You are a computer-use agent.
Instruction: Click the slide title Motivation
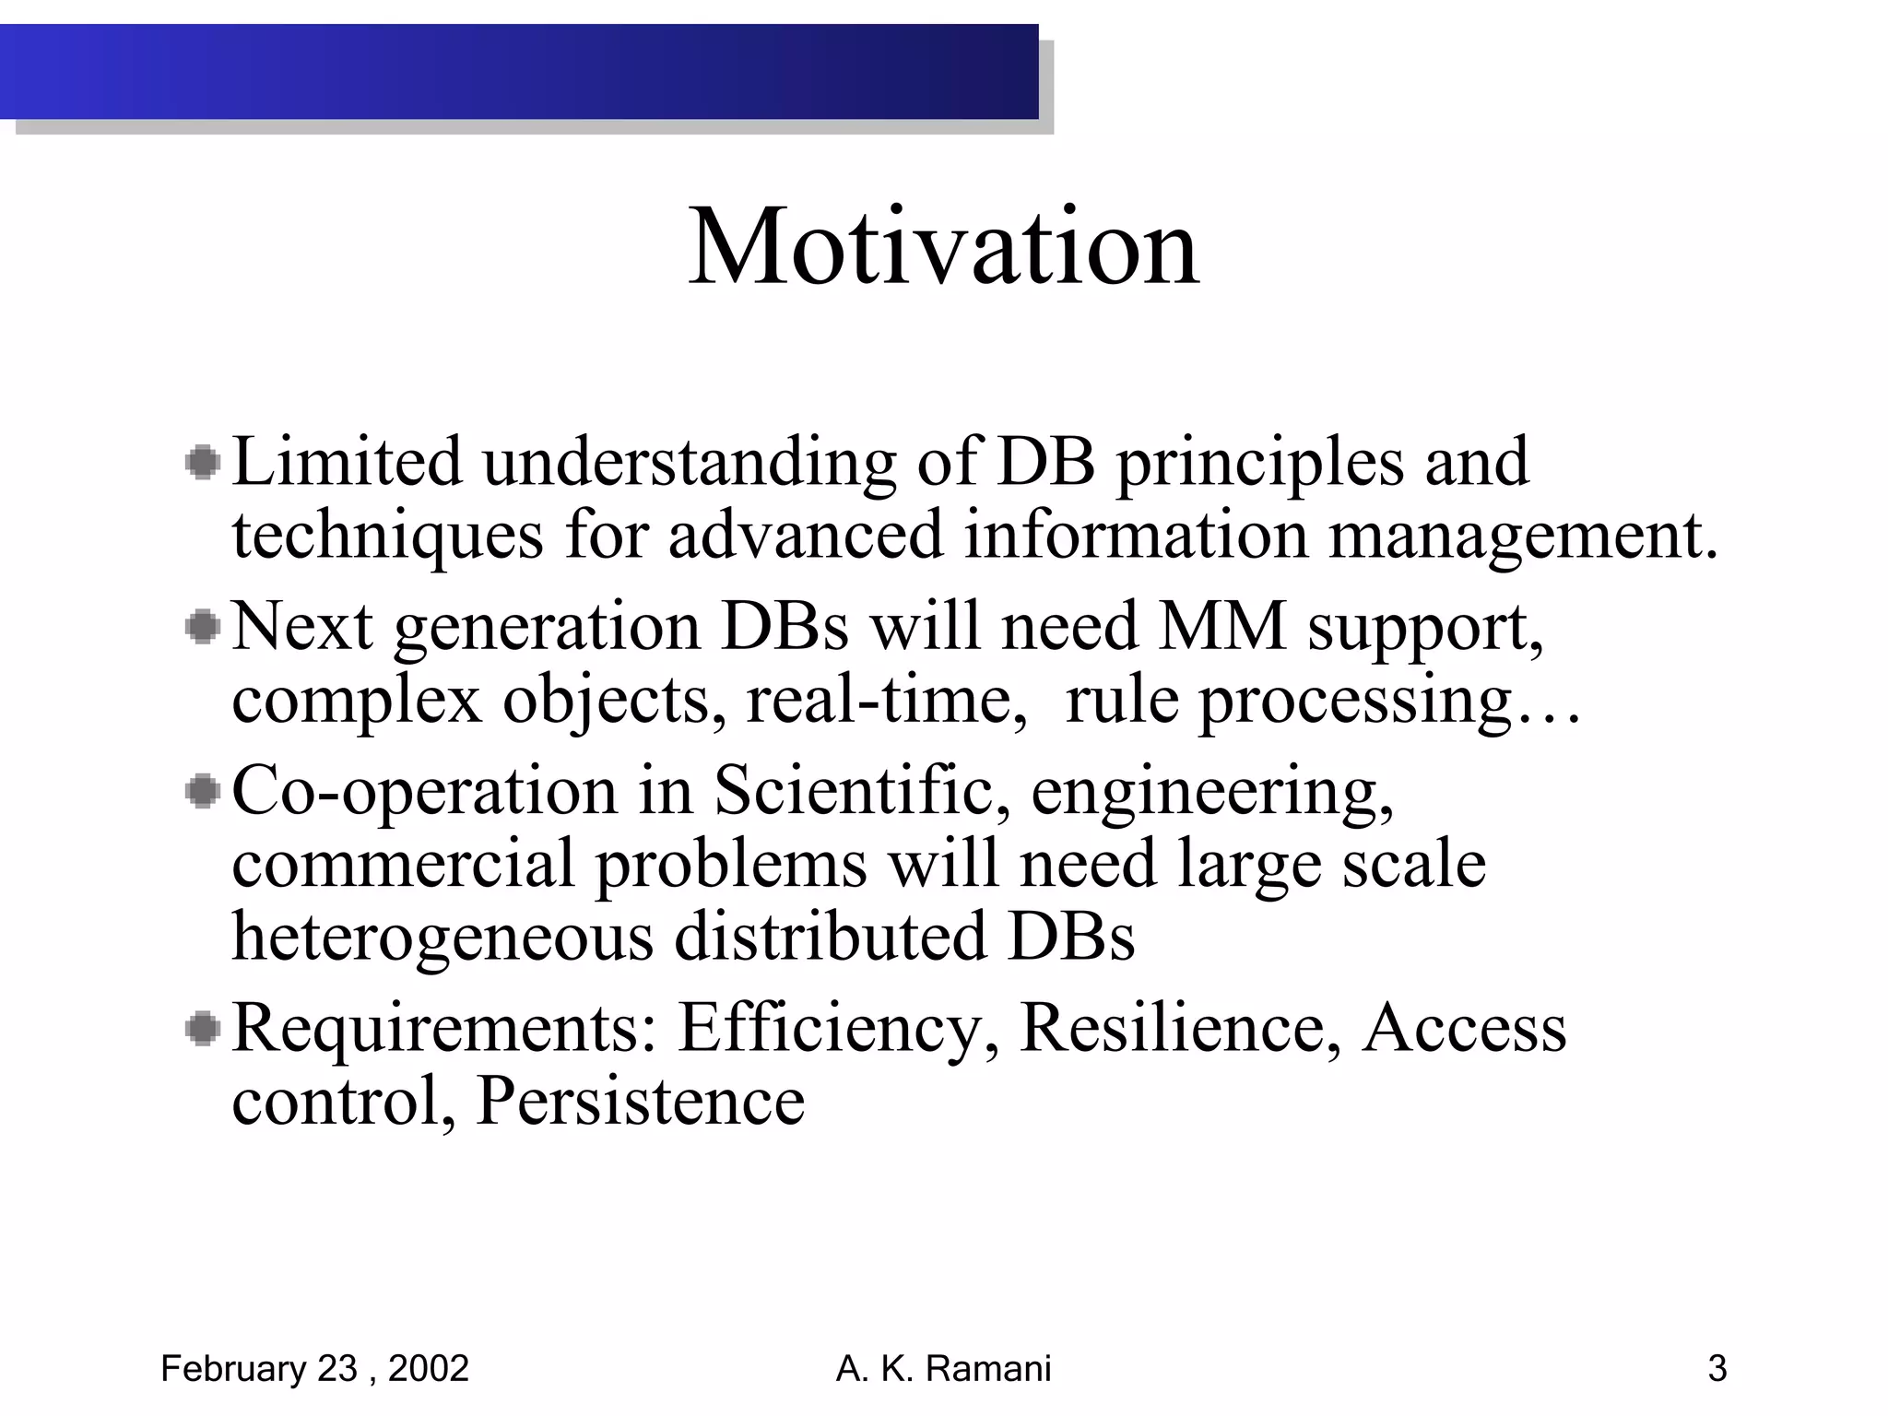944,247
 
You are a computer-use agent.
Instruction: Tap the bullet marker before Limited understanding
202,463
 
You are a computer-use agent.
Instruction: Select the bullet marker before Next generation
202,628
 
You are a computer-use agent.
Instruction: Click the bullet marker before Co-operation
202,792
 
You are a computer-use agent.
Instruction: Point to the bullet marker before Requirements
202,1029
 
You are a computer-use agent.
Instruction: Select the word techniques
387,536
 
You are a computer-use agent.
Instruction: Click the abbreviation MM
1221,627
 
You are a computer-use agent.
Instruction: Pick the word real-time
886,700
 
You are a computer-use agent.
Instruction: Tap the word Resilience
1180,1028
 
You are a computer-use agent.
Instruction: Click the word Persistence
640,1101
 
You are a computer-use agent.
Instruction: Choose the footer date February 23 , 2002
314,1369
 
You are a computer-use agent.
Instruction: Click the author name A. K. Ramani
943,1369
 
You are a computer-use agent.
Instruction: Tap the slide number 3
1717,1369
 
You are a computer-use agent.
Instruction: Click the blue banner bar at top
519,72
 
